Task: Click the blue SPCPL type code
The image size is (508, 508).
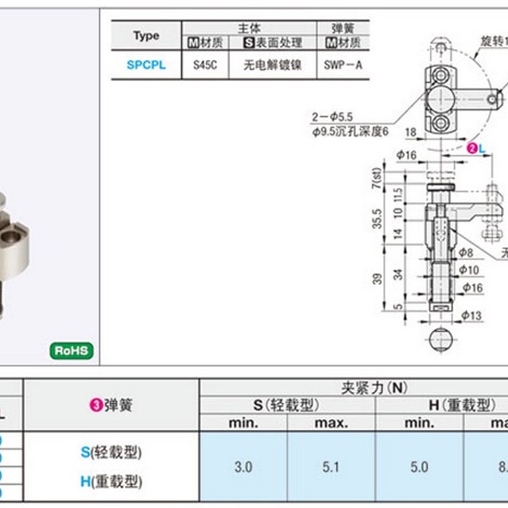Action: (146, 65)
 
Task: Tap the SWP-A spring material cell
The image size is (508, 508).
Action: (344, 65)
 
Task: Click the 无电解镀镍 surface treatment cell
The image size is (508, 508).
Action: (272, 65)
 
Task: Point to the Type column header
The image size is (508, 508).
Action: (146, 36)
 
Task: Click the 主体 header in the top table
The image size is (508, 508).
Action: (249, 28)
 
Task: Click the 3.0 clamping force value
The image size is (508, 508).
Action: (243, 467)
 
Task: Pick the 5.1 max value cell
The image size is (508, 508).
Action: (331, 467)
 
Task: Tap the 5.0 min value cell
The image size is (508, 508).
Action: (419, 467)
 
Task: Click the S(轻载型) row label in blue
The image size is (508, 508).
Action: (111, 452)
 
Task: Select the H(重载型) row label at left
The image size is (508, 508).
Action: (111, 482)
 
